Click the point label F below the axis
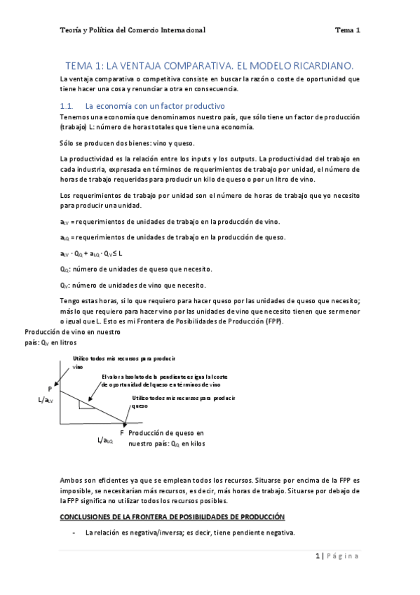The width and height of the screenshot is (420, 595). pos(122,433)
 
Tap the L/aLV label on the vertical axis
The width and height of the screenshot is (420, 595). pos(46,400)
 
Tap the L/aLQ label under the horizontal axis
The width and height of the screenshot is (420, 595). pos(106,441)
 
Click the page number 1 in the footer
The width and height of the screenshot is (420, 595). pos(318,556)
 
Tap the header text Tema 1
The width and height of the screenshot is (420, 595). pos(347,30)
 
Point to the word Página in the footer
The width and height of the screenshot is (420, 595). pos(343,556)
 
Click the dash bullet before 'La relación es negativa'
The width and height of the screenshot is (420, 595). pos(74,533)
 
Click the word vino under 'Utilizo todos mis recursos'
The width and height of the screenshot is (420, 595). pos(78,366)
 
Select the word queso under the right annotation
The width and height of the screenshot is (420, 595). pos(140,406)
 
